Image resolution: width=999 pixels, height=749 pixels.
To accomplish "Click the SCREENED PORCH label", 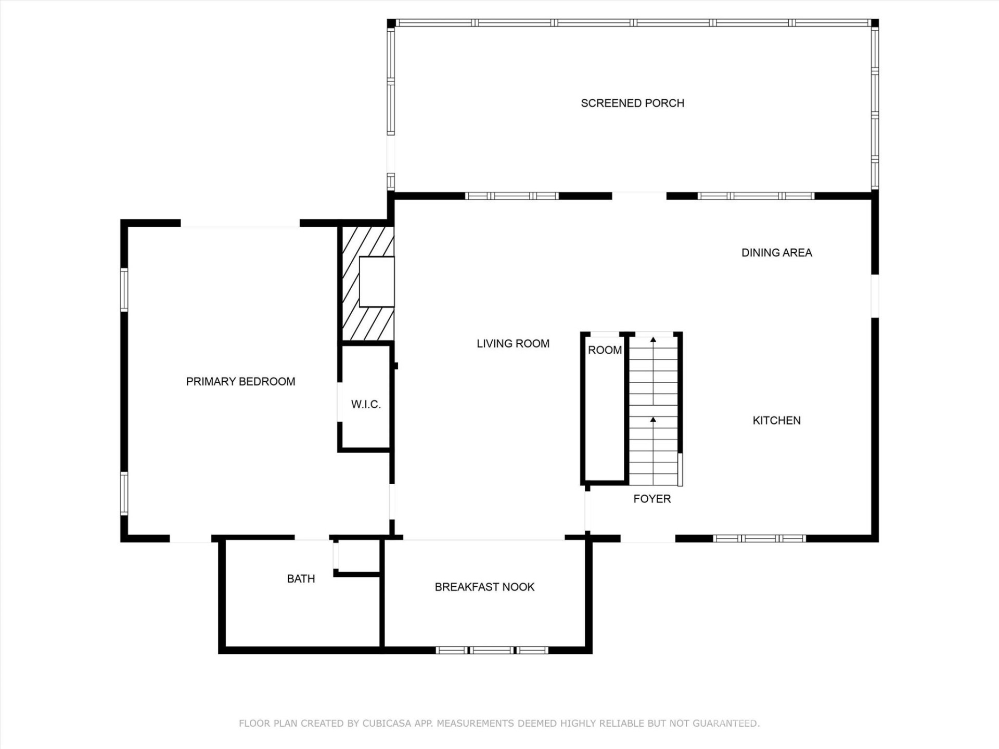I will coord(632,103).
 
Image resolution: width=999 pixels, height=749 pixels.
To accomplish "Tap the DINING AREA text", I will coord(776,253).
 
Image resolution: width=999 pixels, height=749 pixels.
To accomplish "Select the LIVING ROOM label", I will coord(513,344).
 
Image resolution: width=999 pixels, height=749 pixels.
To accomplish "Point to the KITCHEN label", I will coord(776,420).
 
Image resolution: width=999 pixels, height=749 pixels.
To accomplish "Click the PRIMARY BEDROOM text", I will coord(240,382).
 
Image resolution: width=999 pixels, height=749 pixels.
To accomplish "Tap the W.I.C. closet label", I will coord(365,404).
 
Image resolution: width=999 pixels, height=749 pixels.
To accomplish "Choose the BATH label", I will coord(301,579).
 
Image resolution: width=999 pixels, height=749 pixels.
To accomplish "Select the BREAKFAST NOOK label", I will coord(484,587).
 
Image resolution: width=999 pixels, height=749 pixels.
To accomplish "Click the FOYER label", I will coord(651,499).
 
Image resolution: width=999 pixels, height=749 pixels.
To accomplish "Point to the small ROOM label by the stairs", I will coord(605,350).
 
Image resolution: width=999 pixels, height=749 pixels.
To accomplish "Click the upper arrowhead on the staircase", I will coord(653,340).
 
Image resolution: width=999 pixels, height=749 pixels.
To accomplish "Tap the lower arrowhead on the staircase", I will coord(653,419).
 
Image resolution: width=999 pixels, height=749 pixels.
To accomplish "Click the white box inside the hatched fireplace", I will coord(376,281).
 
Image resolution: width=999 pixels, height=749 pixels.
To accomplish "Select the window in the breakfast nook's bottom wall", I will coord(492,650).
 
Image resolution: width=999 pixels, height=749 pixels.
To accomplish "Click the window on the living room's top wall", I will coord(511,196).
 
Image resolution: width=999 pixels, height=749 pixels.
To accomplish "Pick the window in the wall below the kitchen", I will coord(759,538).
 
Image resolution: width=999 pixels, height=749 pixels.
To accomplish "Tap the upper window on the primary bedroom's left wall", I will coord(124,289).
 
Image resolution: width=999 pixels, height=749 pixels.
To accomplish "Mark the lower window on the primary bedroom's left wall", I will coord(124,493).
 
